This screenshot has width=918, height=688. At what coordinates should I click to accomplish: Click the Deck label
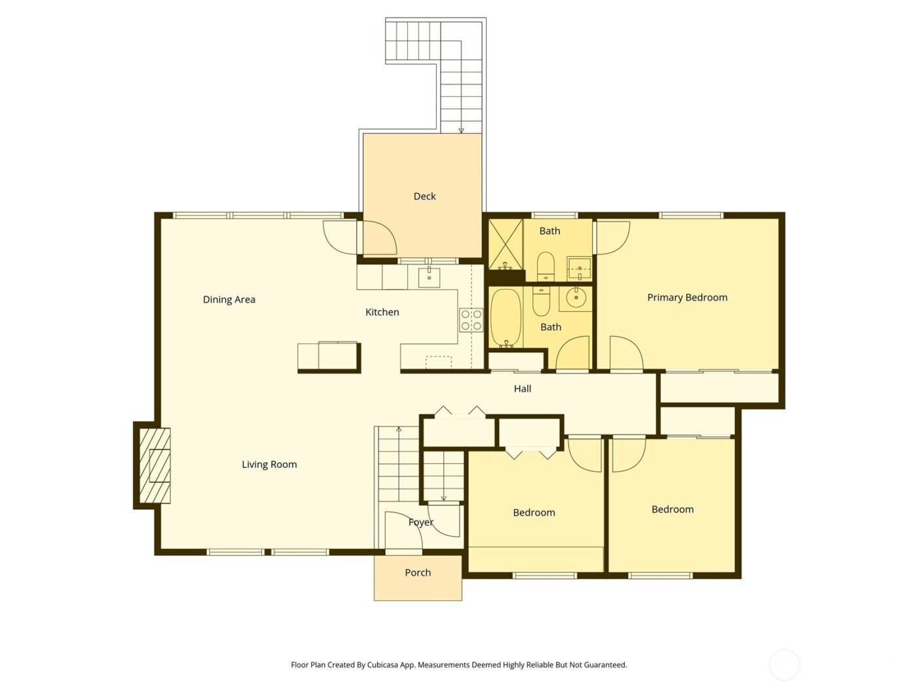424,196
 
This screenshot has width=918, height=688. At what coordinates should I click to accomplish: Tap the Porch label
418,573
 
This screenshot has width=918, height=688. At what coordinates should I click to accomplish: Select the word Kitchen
382,312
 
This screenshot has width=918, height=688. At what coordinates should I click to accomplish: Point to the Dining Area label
229,299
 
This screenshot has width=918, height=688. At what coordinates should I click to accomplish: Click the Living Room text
269,465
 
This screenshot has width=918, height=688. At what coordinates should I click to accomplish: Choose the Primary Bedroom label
687,297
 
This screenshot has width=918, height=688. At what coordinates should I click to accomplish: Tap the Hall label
522,389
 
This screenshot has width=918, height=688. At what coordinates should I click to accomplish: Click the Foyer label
420,522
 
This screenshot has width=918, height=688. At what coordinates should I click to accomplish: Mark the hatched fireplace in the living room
155,466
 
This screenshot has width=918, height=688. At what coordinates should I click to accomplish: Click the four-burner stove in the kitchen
471,320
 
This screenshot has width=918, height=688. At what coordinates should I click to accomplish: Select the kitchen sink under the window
429,277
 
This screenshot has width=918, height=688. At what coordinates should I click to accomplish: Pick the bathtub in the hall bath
505,318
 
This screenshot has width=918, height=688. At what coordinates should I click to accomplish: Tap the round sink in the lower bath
576,299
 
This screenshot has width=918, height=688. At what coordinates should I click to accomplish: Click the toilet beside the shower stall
546,265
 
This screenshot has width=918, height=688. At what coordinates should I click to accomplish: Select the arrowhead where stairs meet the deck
461,130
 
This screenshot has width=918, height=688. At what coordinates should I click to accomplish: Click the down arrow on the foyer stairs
443,498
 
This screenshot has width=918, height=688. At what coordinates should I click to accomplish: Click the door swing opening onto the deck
379,237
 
